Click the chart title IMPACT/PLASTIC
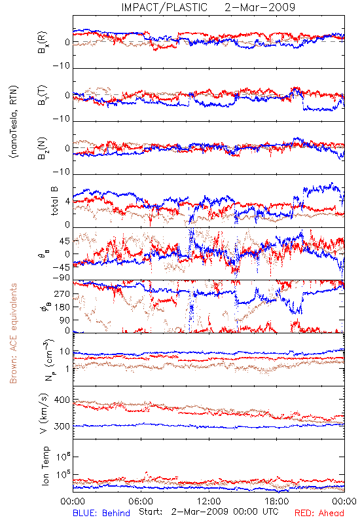tap(164, 7)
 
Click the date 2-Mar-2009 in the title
tap(260, 7)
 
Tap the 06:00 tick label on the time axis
tap(141, 501)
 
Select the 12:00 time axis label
tap(209, 501)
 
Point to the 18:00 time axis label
tap(277, 501)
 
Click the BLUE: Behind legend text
tap(101, 513)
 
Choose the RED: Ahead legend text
tap(319, 513)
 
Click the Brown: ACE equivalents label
tap(13, 333)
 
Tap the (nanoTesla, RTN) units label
tap(14, 122)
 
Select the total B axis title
tap(54, 200)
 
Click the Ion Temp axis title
tap(46, 466)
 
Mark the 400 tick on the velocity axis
tap(62, 400)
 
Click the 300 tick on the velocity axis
tap(62, 426)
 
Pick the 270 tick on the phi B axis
tap(62, 294)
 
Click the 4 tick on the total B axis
tap(68, 202)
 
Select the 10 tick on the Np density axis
tap(65, 352)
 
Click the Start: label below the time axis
tap(151, 512)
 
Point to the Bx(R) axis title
tap(43, 42)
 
